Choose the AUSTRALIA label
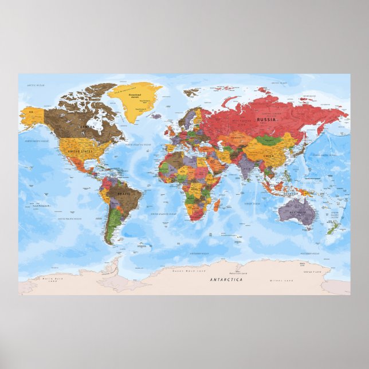point(297,212)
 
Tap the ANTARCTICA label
point(226,280)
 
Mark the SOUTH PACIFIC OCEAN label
point(69,219)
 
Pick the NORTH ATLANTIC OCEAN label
point(138,145)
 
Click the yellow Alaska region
point(32,114)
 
